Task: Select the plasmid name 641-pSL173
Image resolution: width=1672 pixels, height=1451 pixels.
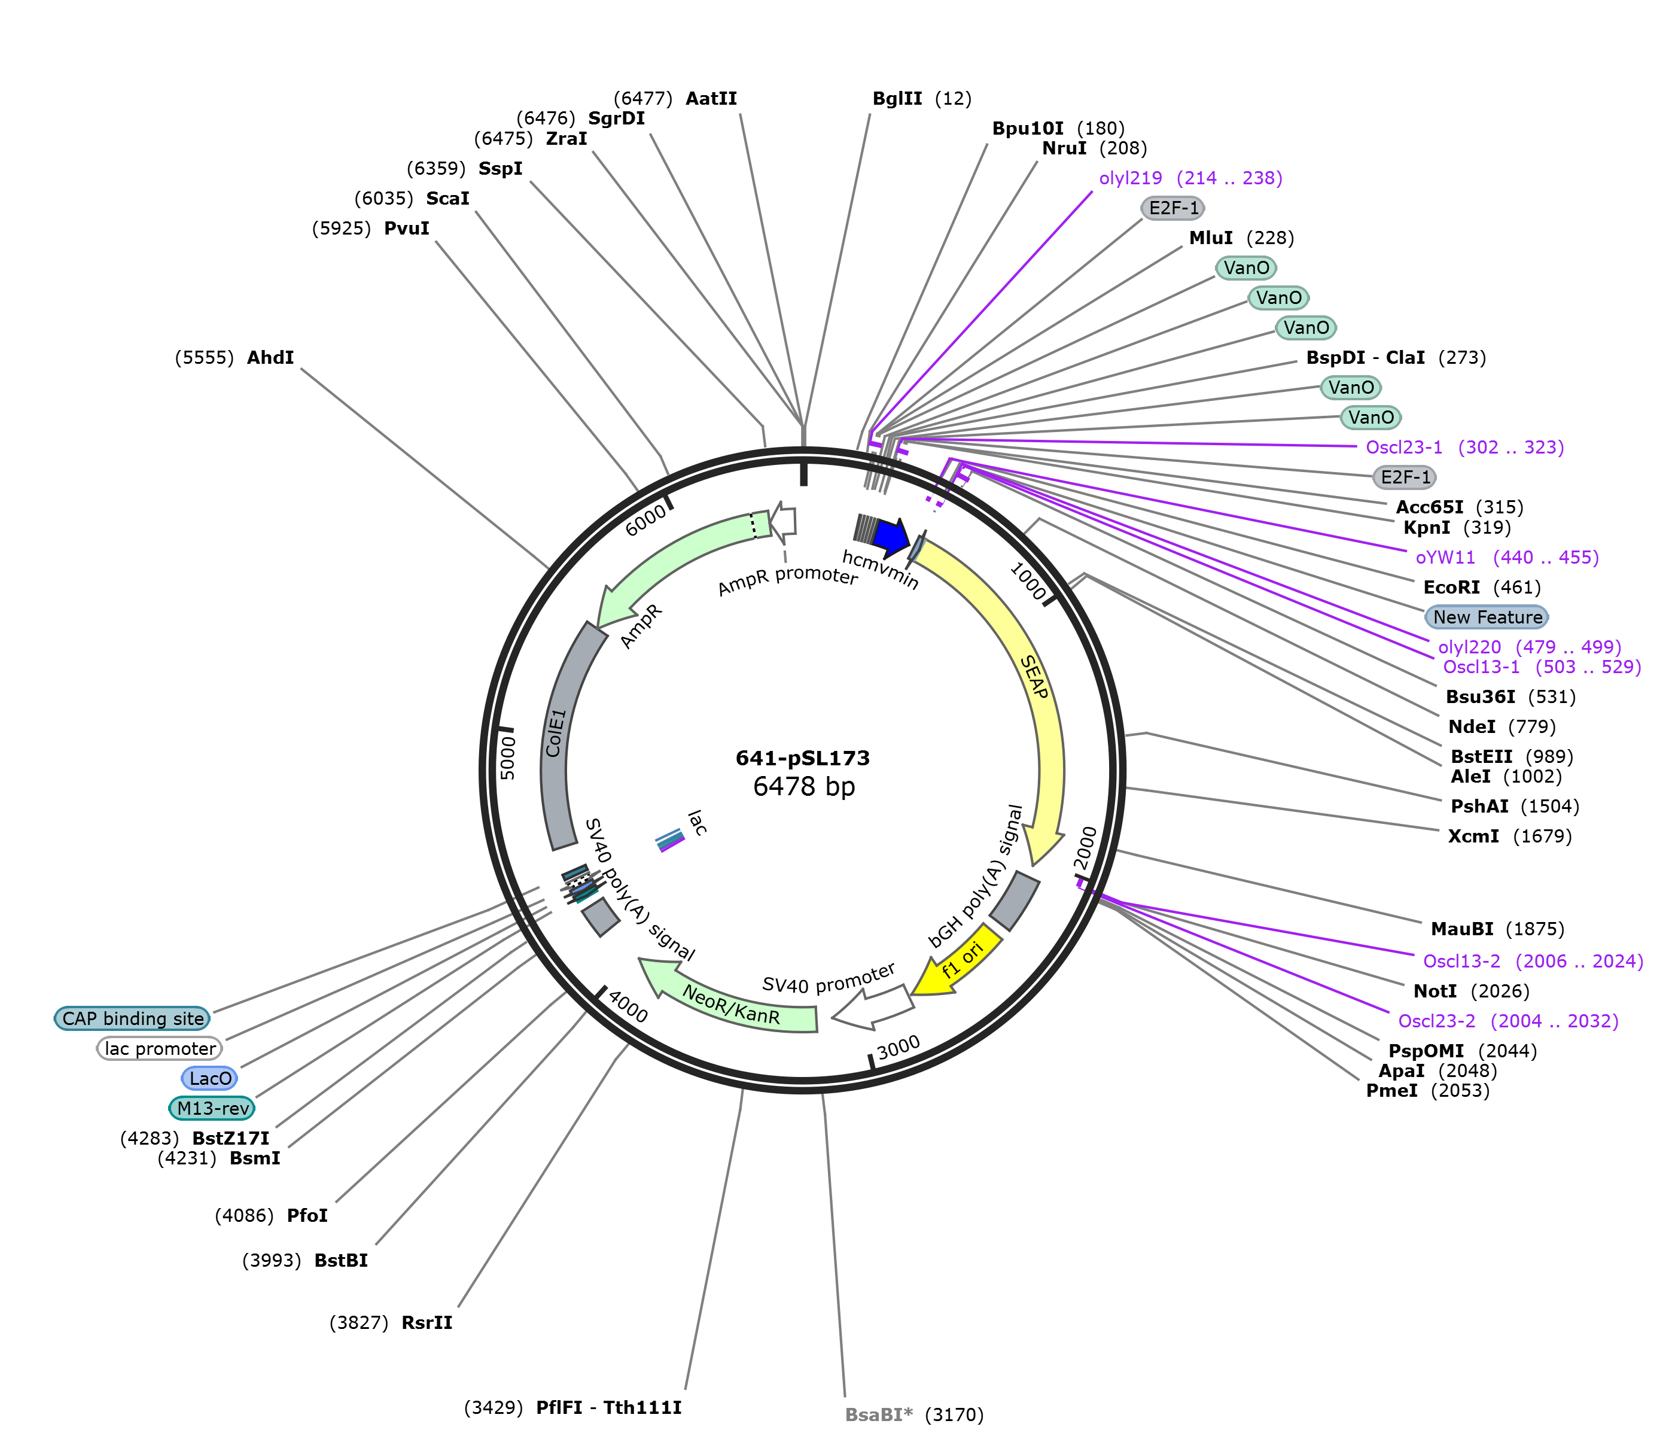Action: pos(802,759)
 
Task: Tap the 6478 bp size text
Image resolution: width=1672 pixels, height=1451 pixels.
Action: pos(804,786)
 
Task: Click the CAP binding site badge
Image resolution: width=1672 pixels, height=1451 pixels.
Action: pos(133,1018)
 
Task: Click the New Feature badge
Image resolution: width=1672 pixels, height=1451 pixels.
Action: pos(1487,617)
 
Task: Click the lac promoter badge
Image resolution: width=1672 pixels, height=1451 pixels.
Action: pos(160,1048)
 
